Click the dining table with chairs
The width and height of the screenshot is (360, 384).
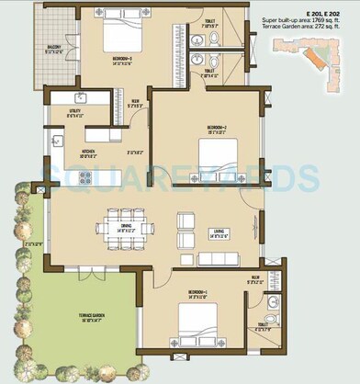pos(127,227)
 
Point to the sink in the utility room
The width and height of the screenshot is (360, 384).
pos(81,97)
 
